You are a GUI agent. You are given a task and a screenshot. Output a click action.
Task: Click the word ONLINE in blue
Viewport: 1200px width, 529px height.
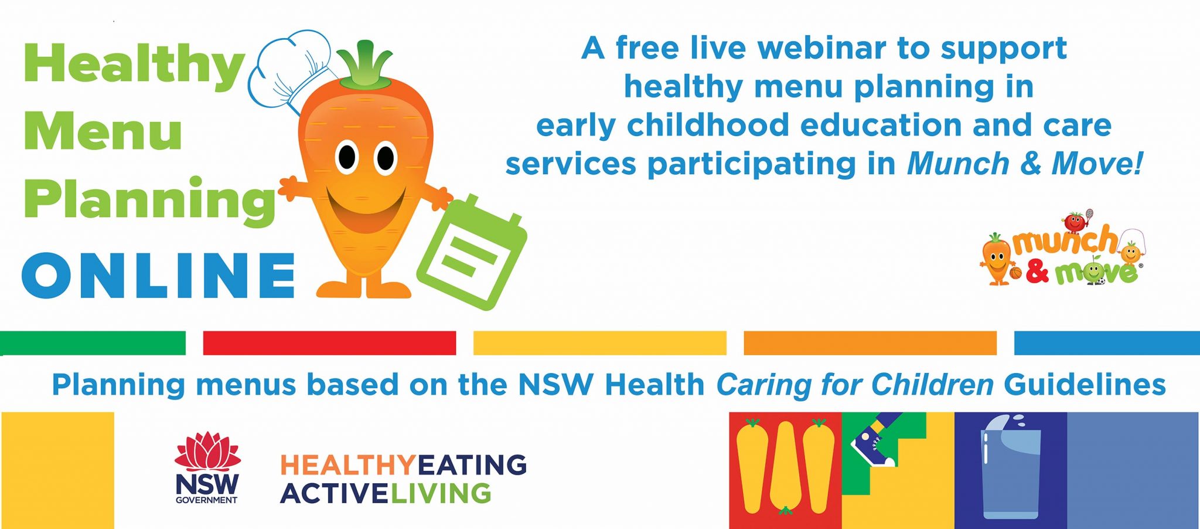coord(158,276)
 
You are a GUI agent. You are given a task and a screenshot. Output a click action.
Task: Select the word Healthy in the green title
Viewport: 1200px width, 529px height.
coord(134,65)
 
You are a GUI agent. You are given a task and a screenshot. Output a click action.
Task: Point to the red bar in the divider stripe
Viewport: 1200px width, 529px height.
coord(329,343)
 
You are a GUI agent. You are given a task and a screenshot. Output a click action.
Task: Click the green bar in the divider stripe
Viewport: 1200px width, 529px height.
coord(93,343)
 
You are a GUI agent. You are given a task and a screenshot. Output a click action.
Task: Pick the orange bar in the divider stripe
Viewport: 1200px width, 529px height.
coord(870,343)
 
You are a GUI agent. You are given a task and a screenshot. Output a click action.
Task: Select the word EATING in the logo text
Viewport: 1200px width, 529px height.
coord(472,465)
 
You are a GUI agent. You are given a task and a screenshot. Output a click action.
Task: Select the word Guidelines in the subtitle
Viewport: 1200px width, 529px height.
coord(1085,385)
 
